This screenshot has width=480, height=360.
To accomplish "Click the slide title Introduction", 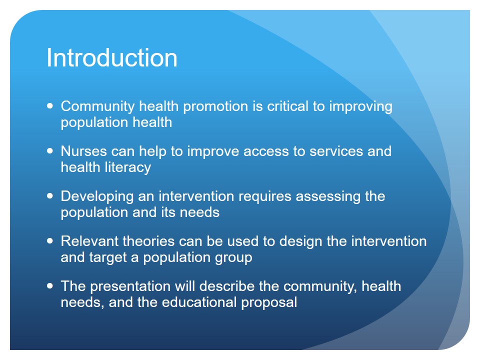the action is (112, 57).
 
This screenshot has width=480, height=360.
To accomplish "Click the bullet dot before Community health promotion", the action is (50, 106).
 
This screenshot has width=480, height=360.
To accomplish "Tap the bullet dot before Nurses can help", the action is (50, 151).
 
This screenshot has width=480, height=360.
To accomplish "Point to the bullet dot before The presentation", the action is (50, 286).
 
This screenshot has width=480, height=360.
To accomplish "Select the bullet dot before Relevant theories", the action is (50, 241).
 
